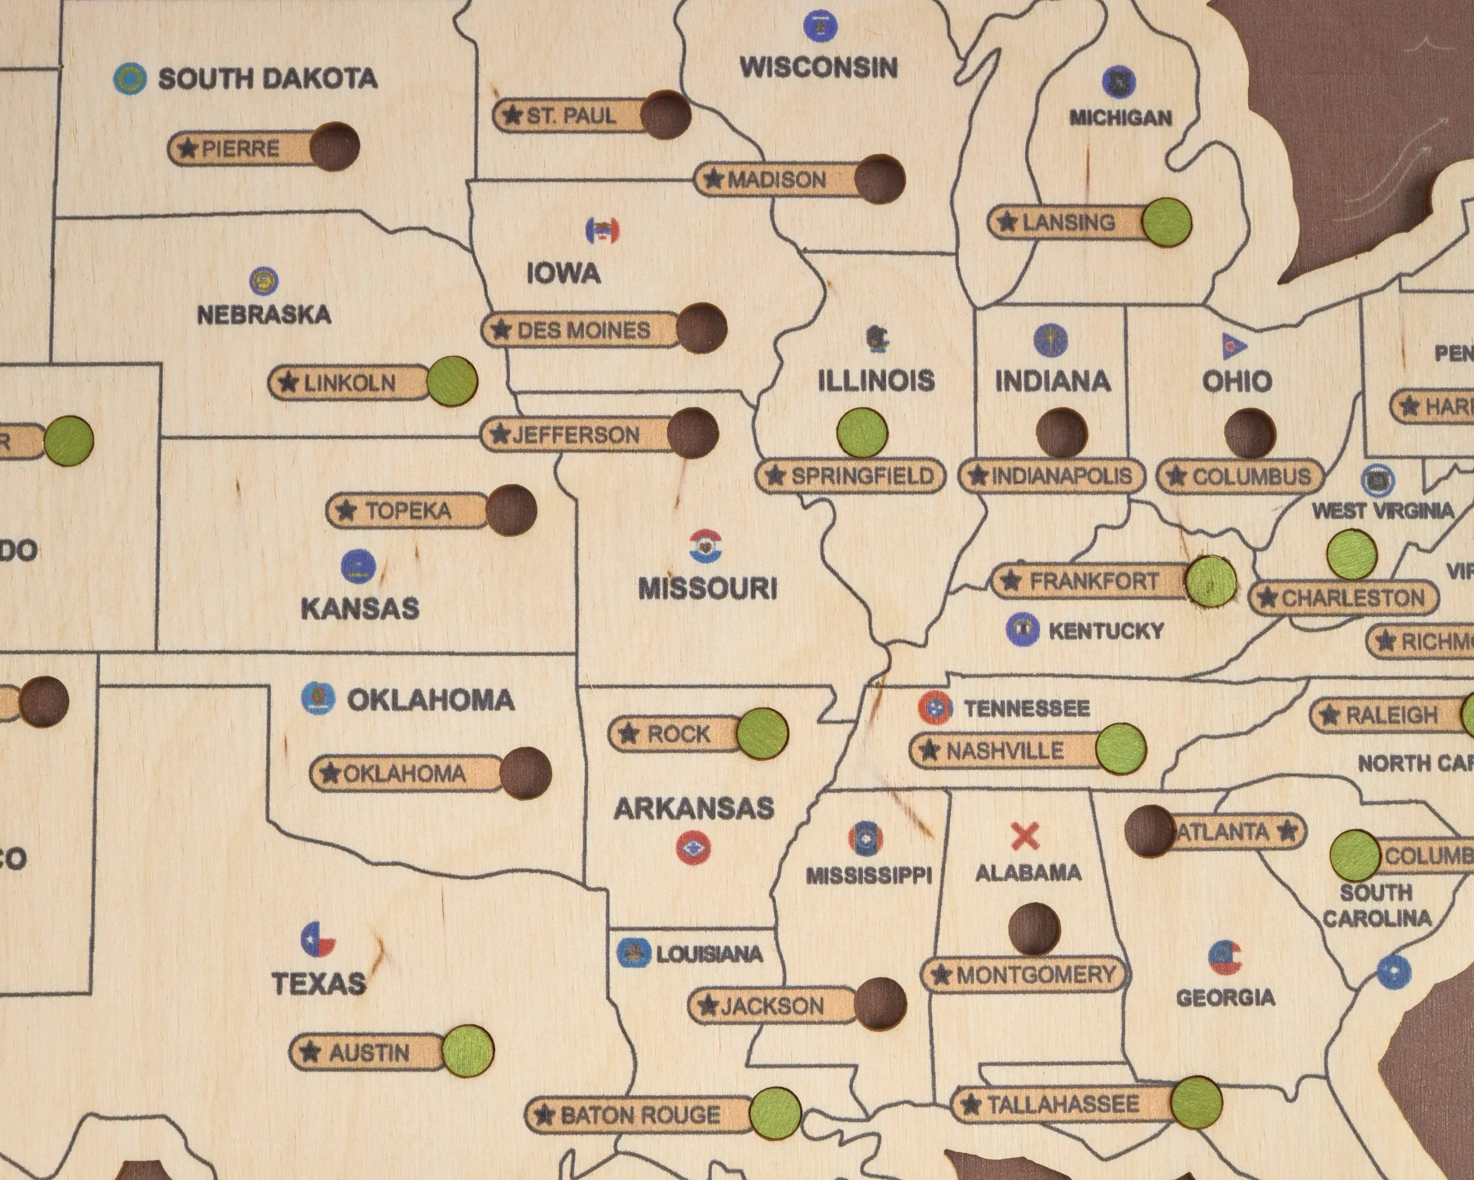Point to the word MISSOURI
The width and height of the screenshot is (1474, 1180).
point(708,589)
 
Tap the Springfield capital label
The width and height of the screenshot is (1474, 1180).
point(850,475)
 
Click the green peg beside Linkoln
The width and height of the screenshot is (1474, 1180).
point(452,381)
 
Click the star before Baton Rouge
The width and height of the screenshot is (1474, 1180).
point(544,1116)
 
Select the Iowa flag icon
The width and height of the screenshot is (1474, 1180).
point(602,231)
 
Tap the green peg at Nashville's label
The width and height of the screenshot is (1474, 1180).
point(1121,749)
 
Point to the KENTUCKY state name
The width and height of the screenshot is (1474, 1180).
point(1105,631)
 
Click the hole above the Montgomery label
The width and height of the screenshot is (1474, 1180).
point(1034,928)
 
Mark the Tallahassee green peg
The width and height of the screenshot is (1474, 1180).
point(1196,1102)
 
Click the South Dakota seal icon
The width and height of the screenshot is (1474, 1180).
point(130,79)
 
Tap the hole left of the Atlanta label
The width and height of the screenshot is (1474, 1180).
point(1150,830)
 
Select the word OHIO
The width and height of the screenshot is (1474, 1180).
point(1237,381)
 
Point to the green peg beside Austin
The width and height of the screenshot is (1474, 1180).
point(468,1051)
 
